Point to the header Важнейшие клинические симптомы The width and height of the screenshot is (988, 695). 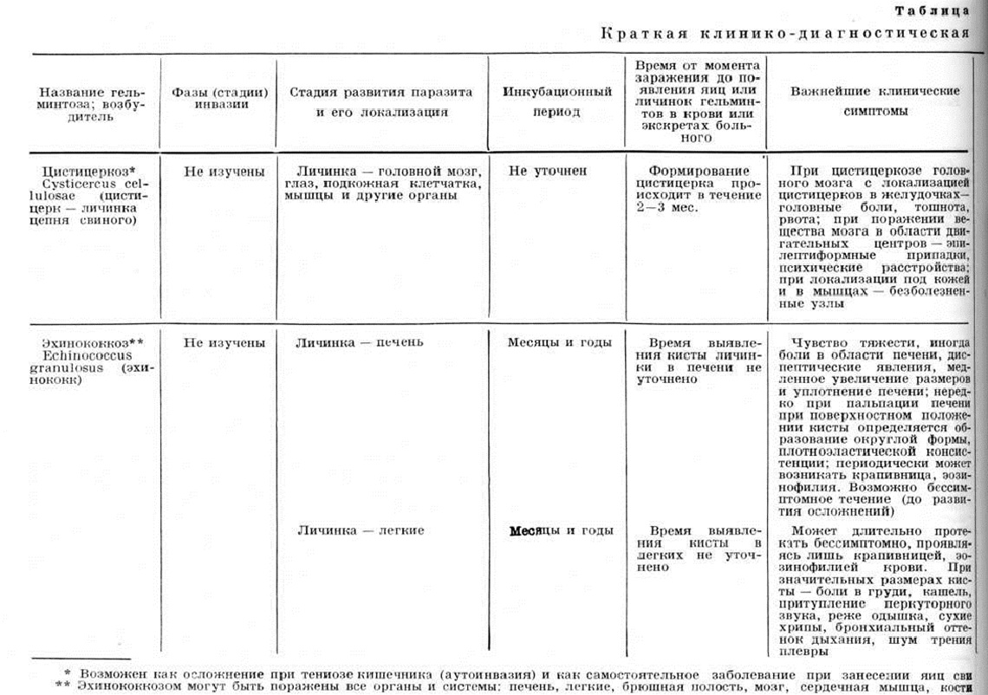click(x=875, y=101)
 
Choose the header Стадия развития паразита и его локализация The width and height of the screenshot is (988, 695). click(x=380, y=101)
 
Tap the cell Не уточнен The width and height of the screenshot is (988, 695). click(x=548, y=171)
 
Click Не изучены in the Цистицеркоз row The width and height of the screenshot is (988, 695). click(x=224, y=171)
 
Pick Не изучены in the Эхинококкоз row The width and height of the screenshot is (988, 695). click(x=224, y=342)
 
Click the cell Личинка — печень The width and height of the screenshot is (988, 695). click(x=360, y=342)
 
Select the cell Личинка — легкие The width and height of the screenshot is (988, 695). click(x=361, y=530)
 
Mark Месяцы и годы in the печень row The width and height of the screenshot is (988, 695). click(x=560, y=342)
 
